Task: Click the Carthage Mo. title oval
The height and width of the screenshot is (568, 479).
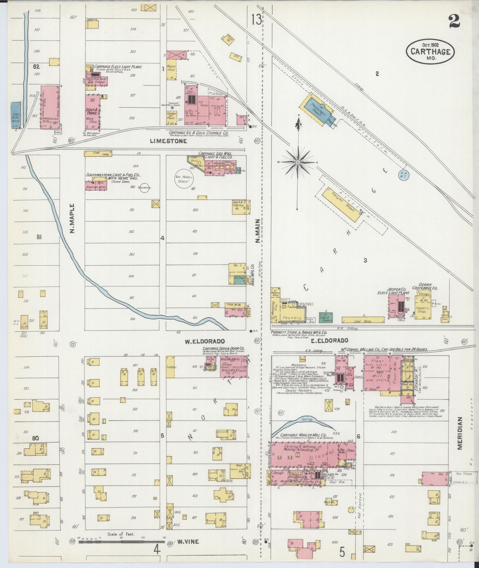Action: point(430,51)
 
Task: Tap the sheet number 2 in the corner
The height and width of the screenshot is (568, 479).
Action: point(454,21)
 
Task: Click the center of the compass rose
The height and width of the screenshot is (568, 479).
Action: point(298,162)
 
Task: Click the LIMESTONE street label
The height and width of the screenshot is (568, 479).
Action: point(168,141)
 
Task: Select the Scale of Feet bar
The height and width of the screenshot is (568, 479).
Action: point(122,542)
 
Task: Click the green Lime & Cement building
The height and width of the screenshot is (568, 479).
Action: point(326,317)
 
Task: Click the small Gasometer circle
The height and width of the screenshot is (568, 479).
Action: point(144,188)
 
